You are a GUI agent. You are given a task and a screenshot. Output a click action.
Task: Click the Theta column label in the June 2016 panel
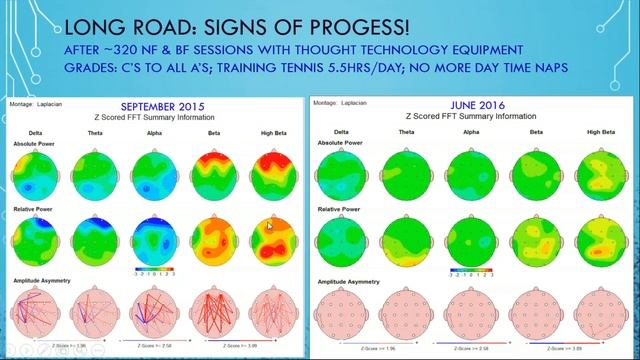(406, 131)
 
